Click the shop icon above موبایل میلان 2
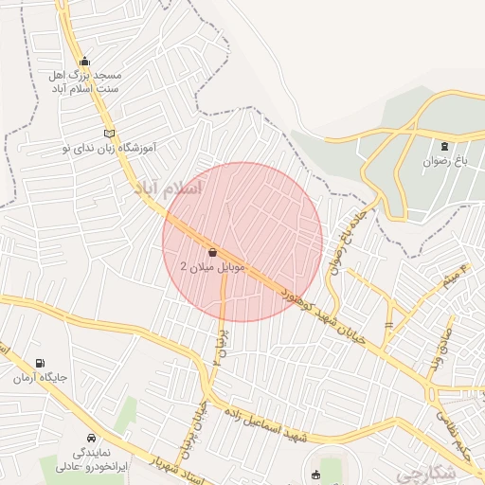coord(211,253)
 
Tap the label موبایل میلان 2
coord(211,268)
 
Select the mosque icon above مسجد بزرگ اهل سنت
coord(86,61)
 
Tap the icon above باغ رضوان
coord(445,146)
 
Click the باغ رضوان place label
coord(446,162)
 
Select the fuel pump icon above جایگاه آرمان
coord(39,363)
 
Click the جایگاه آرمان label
coord(40,378)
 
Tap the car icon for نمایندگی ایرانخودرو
coord(90,439)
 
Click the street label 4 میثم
coord(454,276)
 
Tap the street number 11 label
coord(388,325)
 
